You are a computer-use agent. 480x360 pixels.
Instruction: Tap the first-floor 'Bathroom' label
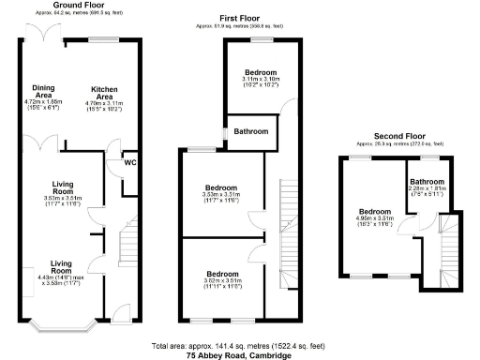[251, 131]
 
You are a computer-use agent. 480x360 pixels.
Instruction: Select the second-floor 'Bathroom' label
[426, 181]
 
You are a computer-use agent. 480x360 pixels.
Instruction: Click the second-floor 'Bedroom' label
[374, 211]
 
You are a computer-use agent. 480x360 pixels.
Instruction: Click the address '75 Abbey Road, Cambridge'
[240, 356]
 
